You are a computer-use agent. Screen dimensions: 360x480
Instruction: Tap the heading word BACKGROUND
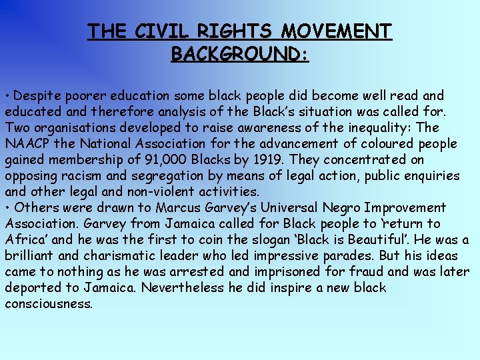[239, 53]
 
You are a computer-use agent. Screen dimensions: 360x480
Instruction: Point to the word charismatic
[127, 256]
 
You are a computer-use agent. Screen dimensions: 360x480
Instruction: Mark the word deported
[34, 288]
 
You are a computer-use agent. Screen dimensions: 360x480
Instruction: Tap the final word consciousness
[49, 304]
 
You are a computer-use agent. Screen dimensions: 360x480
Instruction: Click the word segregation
[149, 176]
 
